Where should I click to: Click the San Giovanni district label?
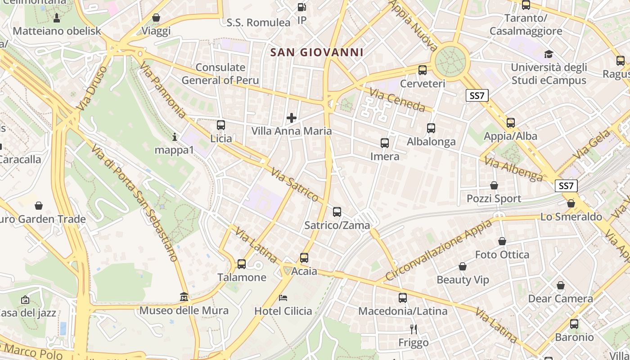pos(316,52)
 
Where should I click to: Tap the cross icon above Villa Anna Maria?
pos(292,118)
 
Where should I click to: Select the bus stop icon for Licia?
pos(221,125)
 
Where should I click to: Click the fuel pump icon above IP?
pos(302,7)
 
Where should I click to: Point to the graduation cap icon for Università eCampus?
pos(549,54)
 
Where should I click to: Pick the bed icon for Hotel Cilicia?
pos(283,298)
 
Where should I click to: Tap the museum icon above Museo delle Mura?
pos(184,297)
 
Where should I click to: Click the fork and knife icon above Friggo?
pos(414,329)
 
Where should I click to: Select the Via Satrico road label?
pos(295,184)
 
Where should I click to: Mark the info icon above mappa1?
pos(175,136)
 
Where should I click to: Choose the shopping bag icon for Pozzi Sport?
pos(494,185)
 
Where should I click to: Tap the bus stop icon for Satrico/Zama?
pos(337,212)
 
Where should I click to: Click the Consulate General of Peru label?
pos(220,74)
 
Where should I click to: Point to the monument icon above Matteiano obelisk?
pos(57,18)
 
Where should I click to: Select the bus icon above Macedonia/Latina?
pos(403,298)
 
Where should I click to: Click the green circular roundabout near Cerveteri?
pos(450,60)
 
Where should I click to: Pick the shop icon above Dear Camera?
pos(560,285)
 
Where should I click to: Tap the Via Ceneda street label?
pos(397,100)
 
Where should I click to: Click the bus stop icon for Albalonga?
pos(431,128)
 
